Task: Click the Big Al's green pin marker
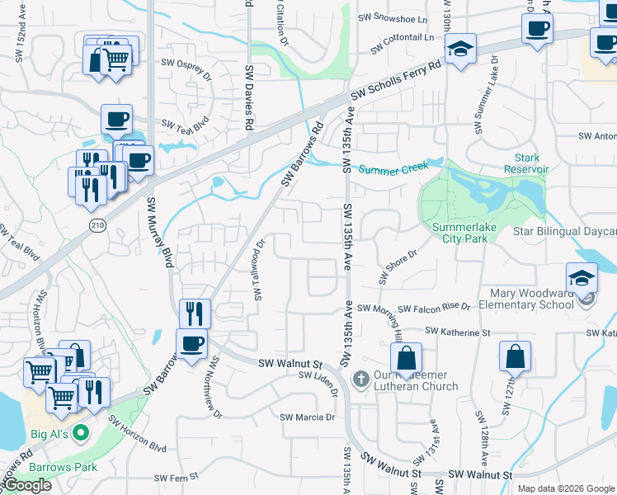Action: point(81,431)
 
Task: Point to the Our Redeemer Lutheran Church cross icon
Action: point(360,379)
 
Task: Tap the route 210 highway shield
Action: point(97,225)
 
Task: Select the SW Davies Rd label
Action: point(247,97)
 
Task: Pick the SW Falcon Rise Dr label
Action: point(434,307)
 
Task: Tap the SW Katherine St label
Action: point(458,332)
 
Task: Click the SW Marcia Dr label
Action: point(307,417)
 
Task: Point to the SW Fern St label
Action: point(177,477)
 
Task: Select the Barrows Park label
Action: point(64,467)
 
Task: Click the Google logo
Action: point(26,485)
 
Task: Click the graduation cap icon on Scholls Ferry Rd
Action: point(460,47)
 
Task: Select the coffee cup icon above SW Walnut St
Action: point(192,343)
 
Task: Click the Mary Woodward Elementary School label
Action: point(532,299)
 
